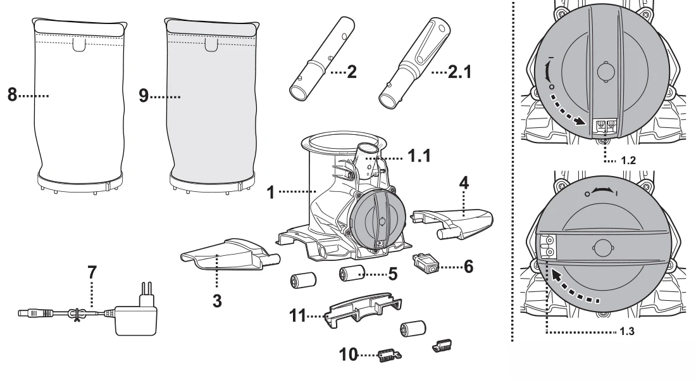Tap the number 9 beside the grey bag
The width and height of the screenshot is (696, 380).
coord(144,98)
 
